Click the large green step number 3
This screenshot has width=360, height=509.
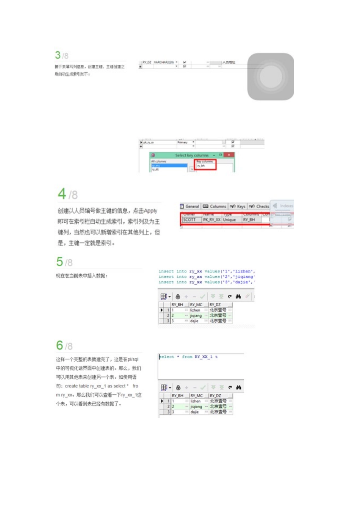pyautogui.click(x=58, y=55)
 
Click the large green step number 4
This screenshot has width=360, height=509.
pyautogui.click(x=62, y=194)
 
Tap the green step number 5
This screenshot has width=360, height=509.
pyautogui.click(x=59, y=262)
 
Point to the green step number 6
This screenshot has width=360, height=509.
pyautogui.click(x=59, y=345)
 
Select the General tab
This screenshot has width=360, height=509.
pyautogui.click(x=190, y=206)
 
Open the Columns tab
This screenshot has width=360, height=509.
pyautogui.click(x=214, y=206)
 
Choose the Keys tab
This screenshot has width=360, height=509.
pyautogui.click(x=238, y=206)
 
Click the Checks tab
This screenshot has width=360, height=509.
pyautogui.click(x=259, y=206)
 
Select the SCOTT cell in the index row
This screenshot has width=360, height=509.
pyautogui.click(x=189, y=220)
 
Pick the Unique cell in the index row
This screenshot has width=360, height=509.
pyautogui.click(x=230, y=220)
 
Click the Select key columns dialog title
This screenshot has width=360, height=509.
pyautogui.click(x=192, y=155)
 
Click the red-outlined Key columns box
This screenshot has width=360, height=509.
pyautogui.click(x=205, y=164)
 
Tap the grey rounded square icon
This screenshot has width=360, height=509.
pyautogui.click(x=271, y=77)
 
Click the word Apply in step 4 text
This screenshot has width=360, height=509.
pyautogui.click(x=150, y=211)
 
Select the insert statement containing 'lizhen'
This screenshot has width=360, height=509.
pyautogui.click(x=207, y=271)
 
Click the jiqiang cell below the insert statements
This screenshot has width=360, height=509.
pyautogui.click(x=196, y=315)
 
